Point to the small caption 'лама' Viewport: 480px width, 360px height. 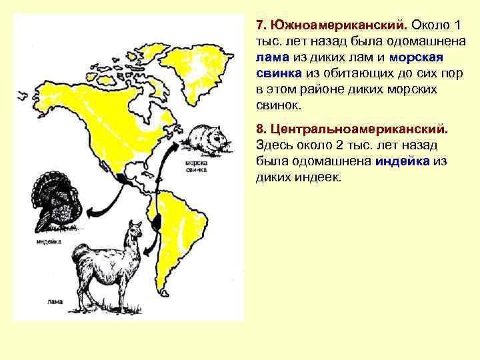pos(56,302)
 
